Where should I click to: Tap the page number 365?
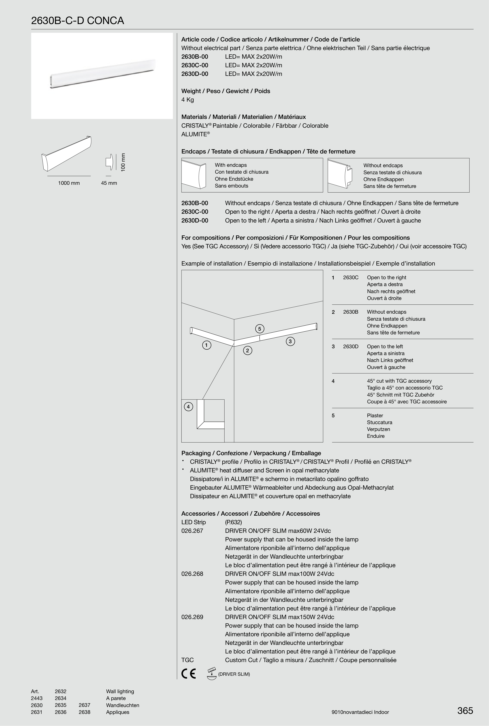[465, 710]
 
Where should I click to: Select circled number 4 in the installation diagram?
[188, 407]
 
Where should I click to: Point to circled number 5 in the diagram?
[260, 328]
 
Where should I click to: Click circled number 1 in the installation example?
[206, 345]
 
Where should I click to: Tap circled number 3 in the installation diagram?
[290, 341]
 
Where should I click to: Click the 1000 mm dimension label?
[69, 183]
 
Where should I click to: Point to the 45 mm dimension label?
[109, 183]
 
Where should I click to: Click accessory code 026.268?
[192, 574]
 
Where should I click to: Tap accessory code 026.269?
[192, 617]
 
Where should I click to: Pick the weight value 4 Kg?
[188, 100]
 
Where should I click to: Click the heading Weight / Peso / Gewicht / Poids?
[226, 91]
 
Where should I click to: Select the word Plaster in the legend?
[375, 415]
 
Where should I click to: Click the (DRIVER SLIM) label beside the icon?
[234, 674]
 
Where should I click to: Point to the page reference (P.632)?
[233, 522]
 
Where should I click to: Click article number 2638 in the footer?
[84, 712]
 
